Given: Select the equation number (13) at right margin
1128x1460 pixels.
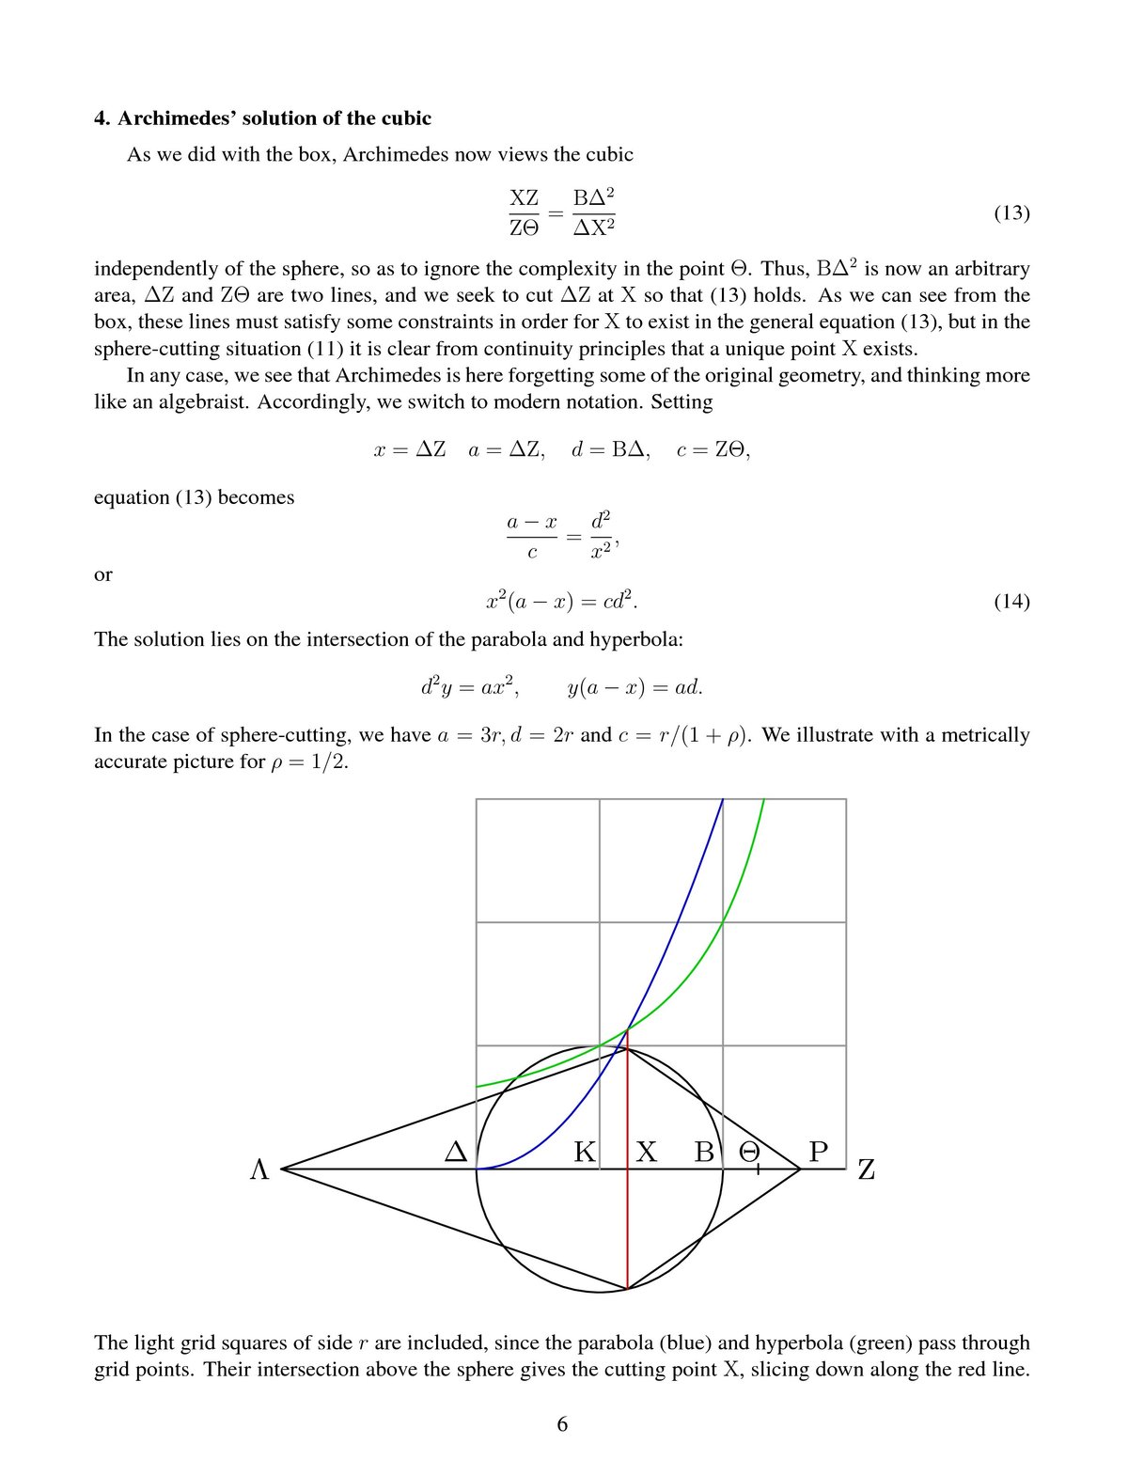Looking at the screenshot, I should [1011, 212].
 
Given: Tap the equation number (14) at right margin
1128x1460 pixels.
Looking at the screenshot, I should [1011, 602].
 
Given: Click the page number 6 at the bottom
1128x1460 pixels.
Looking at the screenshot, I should [562, 1424].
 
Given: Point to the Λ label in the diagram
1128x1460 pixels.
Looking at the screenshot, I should [259, 1170].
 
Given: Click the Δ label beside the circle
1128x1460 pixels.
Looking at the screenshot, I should [456, 1152].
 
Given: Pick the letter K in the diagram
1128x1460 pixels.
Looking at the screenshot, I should [585, 1152].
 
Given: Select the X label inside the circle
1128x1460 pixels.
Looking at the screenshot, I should [647, 1152].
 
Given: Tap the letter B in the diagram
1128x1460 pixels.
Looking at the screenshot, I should [704, 1152].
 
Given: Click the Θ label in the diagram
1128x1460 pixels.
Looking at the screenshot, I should [749, 1152].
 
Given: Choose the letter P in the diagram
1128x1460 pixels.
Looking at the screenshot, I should [819, 1152].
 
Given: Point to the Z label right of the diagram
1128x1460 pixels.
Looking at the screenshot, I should [867, 1170].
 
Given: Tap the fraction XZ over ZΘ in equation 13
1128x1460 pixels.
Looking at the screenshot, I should [524, 212].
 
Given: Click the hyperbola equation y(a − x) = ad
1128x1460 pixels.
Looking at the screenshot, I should [635, 687].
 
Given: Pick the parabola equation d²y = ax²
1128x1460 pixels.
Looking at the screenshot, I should [471, 687].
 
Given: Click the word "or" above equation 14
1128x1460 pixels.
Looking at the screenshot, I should [103, 574].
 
